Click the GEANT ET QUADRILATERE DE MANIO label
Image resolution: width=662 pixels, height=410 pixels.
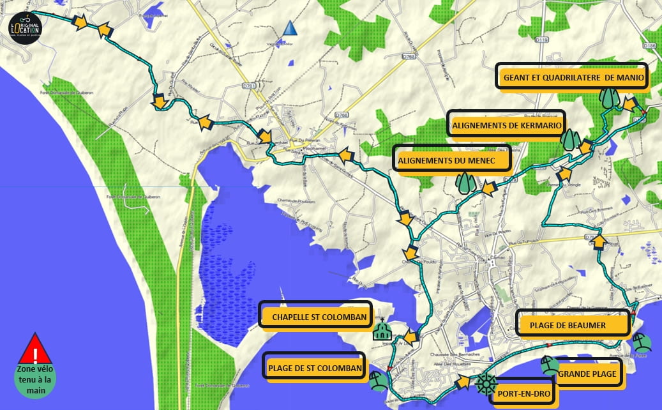(572, 77)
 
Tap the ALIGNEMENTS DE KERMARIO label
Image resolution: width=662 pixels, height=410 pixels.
(508, 125)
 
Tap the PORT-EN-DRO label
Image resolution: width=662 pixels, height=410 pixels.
(522, 393)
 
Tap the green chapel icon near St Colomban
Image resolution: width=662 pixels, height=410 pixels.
(382, 330)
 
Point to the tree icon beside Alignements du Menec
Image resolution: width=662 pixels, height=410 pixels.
(465, 182)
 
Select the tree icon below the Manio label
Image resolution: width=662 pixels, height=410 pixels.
(609, 98)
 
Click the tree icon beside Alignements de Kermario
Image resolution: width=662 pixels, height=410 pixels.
(570, 139)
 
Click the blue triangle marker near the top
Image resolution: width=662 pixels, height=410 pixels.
(290, 27)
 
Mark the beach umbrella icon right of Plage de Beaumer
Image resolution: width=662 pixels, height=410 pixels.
(642, 344)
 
